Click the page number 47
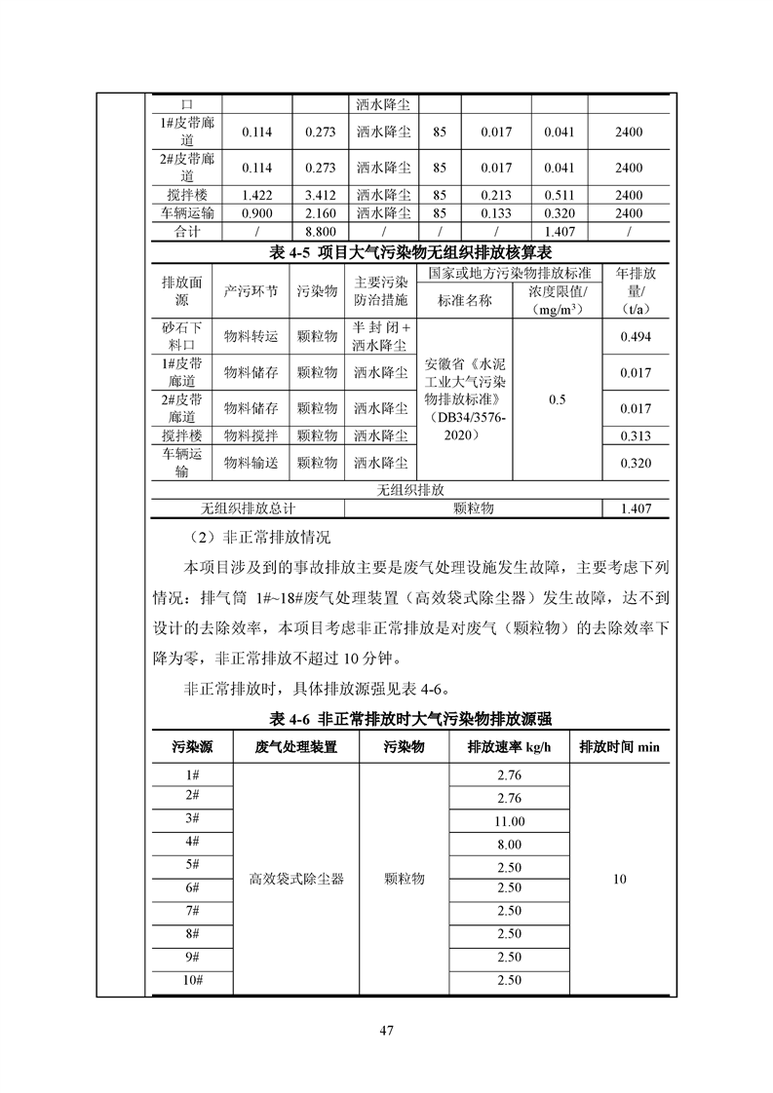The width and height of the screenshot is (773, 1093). pos(386,1031)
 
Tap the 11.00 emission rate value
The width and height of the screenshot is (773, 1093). pos(509,821)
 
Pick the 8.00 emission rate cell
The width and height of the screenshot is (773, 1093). pos(509,845)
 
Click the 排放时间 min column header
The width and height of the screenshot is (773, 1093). pos(619,747)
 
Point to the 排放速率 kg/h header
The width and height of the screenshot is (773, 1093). pos(509,747)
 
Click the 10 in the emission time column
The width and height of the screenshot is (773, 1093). pos(619,879)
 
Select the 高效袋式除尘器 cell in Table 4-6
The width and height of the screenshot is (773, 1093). pos(296,879)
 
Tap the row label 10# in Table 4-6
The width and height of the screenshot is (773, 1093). pos(191,980)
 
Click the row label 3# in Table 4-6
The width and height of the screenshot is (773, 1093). pos(191,818)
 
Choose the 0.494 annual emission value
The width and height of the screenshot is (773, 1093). pos(636,337)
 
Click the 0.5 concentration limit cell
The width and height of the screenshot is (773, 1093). pos(557,399)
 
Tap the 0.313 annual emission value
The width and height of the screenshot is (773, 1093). pos(636,435)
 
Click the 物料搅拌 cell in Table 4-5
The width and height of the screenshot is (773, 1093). pos(251,435)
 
